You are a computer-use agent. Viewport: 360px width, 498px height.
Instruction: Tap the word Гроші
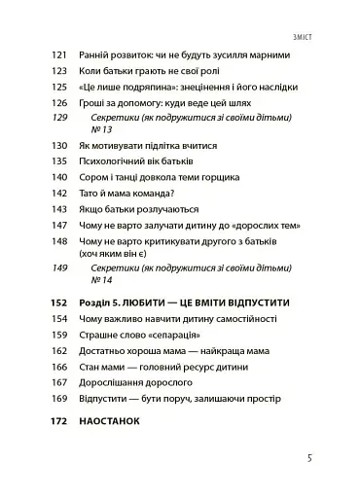pos(96,100)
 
